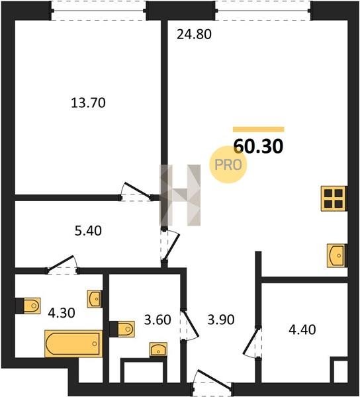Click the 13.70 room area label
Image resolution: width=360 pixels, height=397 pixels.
pos(88,103)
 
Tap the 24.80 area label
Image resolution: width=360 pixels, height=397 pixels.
pos(194,34)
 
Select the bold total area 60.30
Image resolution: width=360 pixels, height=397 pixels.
pos(258,146)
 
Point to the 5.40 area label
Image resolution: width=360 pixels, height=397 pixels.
pos(88,231)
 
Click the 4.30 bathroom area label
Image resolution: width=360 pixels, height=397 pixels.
pos(62,313)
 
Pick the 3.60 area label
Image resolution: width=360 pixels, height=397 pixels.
pos(157,320)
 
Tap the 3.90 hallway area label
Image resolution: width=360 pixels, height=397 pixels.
pos(221,320)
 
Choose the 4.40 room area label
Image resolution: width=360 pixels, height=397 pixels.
pos(302,330)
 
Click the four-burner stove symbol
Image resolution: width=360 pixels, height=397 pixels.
pos(333,198)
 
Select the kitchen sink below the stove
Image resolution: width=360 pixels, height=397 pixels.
pos(336,255)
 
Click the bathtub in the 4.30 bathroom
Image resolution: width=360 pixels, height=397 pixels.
pos(73,343)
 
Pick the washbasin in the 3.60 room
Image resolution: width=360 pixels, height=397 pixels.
pos(158,349)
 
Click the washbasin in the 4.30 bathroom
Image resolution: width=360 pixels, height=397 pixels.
pos(95,299)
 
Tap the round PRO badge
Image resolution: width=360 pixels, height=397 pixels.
pos(228,165)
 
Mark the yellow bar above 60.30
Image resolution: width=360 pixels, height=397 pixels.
pos(259,130)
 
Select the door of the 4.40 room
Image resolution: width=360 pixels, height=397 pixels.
pos(252,342)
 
